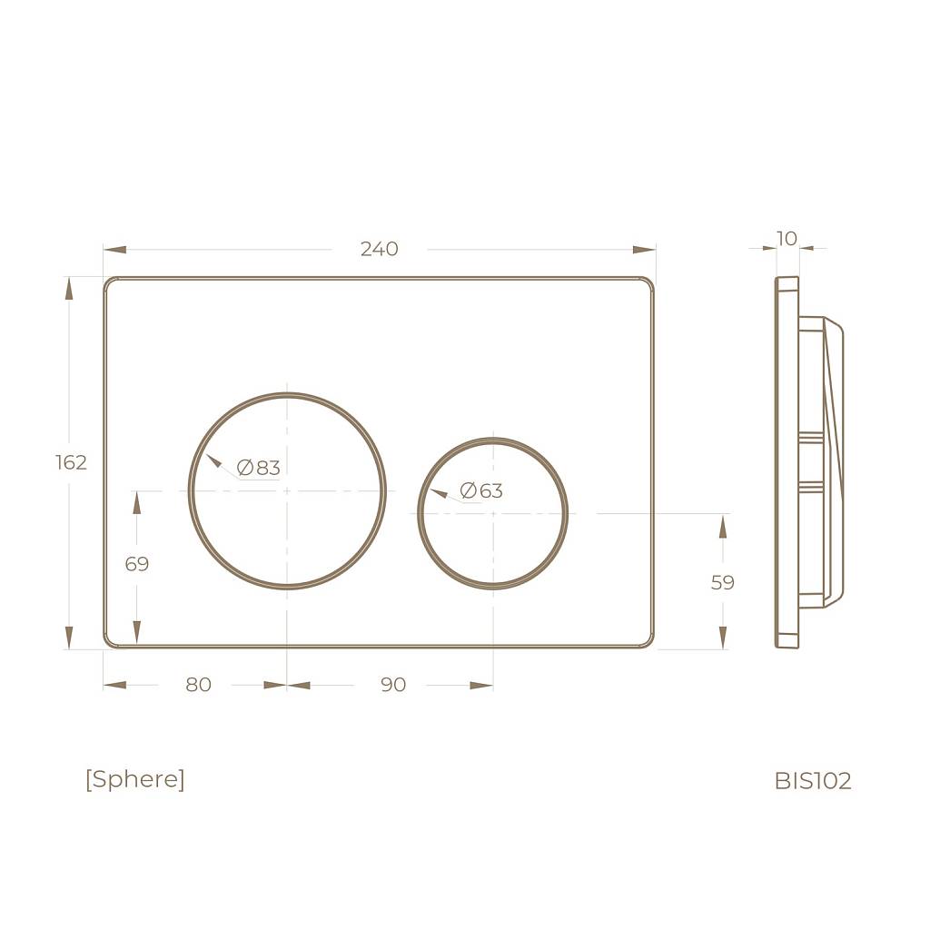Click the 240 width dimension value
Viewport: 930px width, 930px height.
380,249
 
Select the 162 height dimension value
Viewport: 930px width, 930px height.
71,462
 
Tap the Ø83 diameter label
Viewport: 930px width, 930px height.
258,468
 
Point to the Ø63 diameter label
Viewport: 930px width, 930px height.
481,490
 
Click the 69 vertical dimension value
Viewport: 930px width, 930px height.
137,563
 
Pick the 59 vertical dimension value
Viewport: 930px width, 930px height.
722,582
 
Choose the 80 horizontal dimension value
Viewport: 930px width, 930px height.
198,685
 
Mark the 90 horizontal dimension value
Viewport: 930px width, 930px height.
393,685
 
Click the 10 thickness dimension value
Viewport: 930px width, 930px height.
787,239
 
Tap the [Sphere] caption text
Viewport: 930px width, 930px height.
135,778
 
